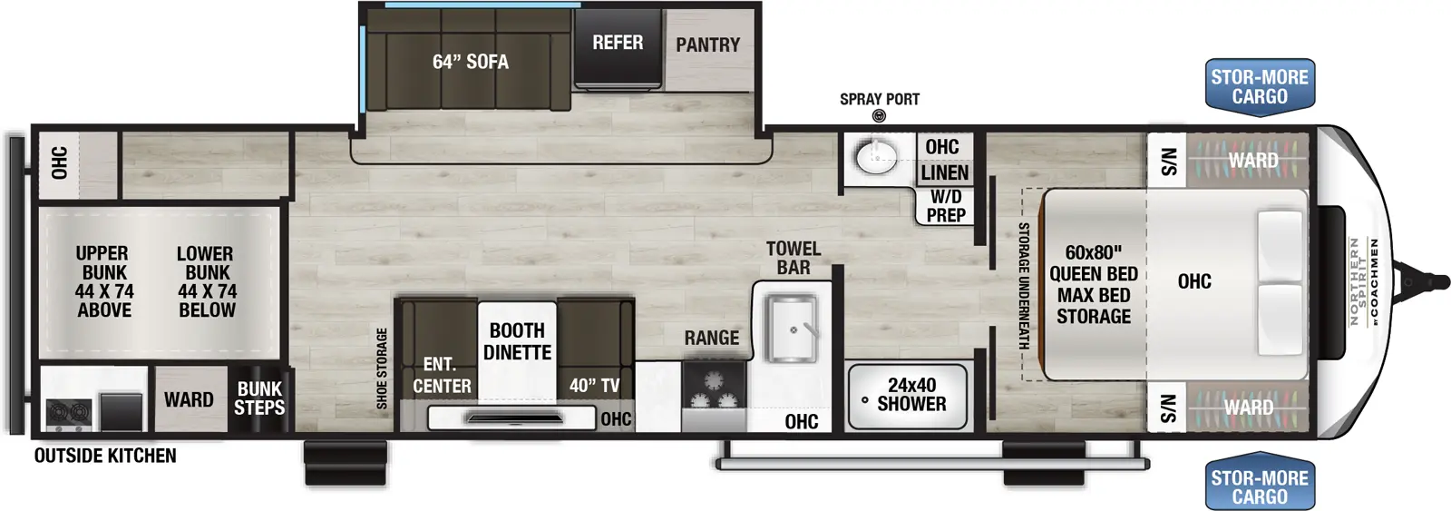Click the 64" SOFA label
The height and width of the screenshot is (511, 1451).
click(470, 62)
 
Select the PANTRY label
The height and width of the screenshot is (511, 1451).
click(707, 44)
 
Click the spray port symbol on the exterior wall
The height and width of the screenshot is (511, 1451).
click(878, 115)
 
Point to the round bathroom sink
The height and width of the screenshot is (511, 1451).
click(875, 156)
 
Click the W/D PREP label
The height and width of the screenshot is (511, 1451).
click(945, 206)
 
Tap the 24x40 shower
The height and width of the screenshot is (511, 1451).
click(908, 396)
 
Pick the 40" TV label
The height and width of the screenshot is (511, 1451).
click(594, 386)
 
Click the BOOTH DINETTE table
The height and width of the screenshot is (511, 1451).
click(517, 342)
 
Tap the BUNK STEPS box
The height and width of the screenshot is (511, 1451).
click(259, 398)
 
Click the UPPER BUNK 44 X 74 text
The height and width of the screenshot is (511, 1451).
click(103, 281)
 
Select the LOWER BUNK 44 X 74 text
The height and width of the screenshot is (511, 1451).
click(207, 281)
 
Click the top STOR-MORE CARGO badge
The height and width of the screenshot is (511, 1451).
click(1259, 87)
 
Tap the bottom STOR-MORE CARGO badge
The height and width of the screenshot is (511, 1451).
click(1259, 486)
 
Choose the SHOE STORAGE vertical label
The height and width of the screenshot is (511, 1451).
click(382, 368)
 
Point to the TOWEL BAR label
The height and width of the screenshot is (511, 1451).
click(794, 258)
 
